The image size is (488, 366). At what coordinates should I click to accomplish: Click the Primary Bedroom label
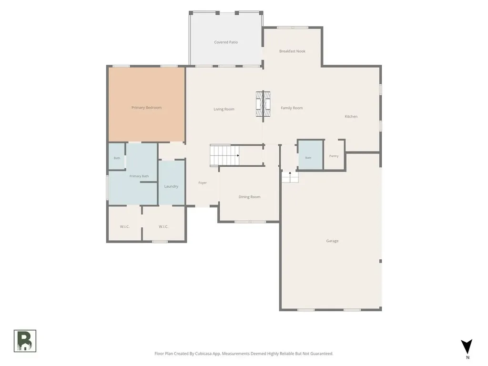pyautogui.click(x=146, y=108)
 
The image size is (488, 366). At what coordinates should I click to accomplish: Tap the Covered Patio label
pyautogui.click(x=226, y=42)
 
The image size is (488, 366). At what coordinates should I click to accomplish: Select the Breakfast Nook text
pyautogui.click(x=292, y=51)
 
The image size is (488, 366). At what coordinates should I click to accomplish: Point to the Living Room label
pyautogui.click(x=224, y=109)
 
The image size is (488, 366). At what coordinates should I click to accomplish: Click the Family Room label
pyautogui.click(x=292, y=108)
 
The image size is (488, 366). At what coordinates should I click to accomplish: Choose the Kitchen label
pyautogui.click(x=351, y=116)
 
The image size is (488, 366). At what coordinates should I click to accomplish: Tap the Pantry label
pyautogui.click(x=334, y=156)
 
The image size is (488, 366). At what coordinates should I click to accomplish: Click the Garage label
pyautogui.click(x=332, y=241)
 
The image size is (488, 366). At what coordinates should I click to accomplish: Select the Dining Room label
pyautogui.click(x=249, y=197)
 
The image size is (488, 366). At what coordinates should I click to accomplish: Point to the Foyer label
pyautogui.click(x=203, y=183)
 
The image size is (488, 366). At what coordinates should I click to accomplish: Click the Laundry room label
pyautogui.click(x=171, y=186)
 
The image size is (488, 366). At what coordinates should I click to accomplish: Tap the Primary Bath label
pyautogui.click(x=139, y=176)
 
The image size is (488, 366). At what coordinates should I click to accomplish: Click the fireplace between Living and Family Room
pyautogui.click(x=263, y=104)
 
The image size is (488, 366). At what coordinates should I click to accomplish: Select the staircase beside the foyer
pyautogui.click(x=224, y=155)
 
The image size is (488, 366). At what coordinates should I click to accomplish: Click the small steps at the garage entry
pyautogui.click(x=290, y=177)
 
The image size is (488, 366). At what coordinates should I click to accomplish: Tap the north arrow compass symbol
pyautogui.click(x=467, y=347)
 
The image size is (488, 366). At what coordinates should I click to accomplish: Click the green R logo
pyautogui.click(x=25, y=341)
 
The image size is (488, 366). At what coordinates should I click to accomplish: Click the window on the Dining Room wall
pyautogui.click(x=250, y=222)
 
